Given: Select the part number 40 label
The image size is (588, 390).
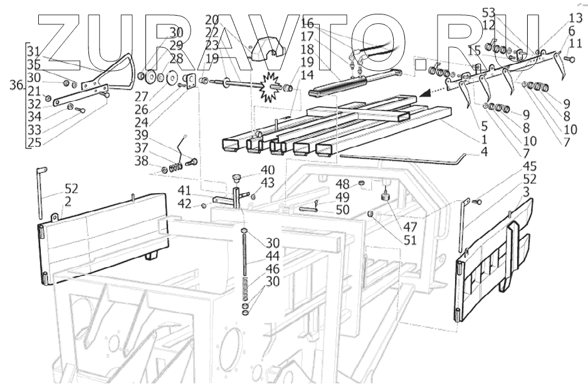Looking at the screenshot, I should point(268,170).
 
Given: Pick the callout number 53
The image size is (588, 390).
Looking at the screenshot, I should point(489,12).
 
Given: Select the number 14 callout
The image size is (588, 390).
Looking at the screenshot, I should point(290,75).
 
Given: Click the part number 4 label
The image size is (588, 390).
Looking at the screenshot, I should point(484,151).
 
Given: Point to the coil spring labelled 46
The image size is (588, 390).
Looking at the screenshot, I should point(246,289).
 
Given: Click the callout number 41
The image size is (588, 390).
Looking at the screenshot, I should point(183,190).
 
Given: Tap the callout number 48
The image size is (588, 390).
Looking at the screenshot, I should point(342,184).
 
